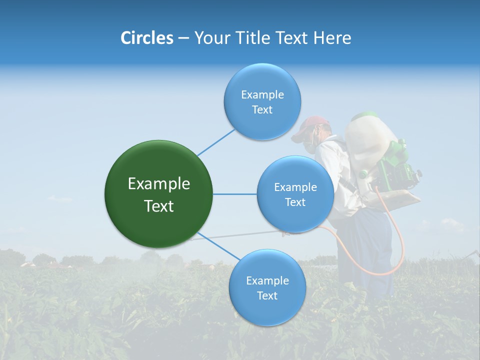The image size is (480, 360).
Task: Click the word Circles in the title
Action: coord(146,38)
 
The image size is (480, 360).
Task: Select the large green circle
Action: coord(158,194)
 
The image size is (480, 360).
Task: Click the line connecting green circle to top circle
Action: coord(215,142)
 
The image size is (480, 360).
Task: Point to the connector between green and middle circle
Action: coord(234,194)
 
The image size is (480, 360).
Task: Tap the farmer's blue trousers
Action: coord(370,250)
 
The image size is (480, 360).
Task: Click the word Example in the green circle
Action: coord(158,184)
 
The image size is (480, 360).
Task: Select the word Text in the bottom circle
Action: coord(267,295)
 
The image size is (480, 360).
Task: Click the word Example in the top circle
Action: coord(262,94)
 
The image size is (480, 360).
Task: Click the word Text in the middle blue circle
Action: coord(295,202)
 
